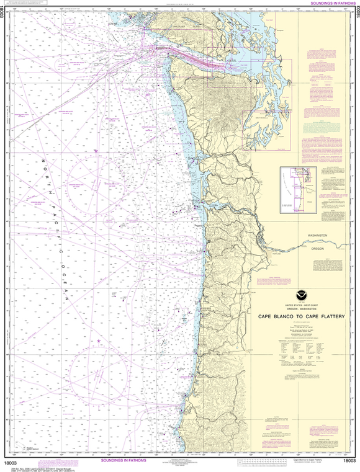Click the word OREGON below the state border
point(317,248)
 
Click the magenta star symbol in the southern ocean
point(98,341)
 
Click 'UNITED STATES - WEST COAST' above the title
point(301,306)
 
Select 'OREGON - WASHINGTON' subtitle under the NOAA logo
point(301,309)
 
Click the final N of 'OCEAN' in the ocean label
point(66,299)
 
